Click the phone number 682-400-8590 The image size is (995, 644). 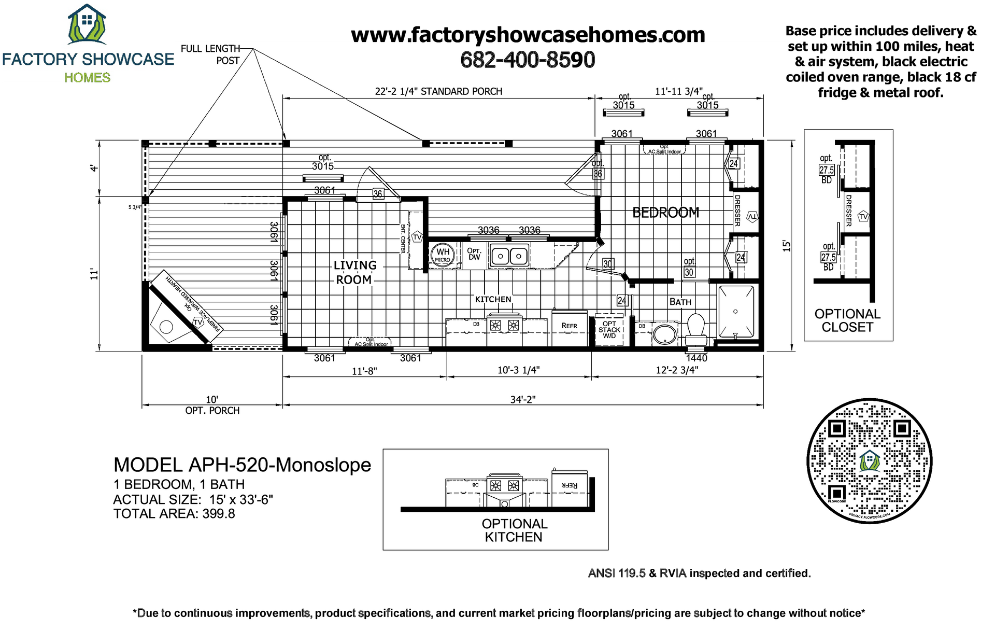point(528,60)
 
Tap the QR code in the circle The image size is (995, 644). point(869,461)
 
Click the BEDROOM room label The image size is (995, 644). point(665,213)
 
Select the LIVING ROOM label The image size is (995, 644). point(354,273)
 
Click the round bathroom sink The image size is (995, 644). point(664,333)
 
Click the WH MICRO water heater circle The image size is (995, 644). point(443,255)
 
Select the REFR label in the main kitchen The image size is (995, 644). point(569,326)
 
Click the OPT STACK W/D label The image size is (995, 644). point(609,330)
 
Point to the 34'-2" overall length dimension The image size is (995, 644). point(522,399)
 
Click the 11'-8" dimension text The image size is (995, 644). point(364,371)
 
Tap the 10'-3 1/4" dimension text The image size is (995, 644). point(518,370)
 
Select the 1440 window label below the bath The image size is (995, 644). point(696,358)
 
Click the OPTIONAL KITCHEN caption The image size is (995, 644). point(514,530)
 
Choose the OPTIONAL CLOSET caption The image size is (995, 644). point(847,320)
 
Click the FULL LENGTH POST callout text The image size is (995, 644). point(210,54)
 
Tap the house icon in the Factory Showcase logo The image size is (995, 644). point(87,23)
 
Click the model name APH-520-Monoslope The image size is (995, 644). point(242,465)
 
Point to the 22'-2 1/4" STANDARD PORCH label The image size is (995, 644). point(438,92)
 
